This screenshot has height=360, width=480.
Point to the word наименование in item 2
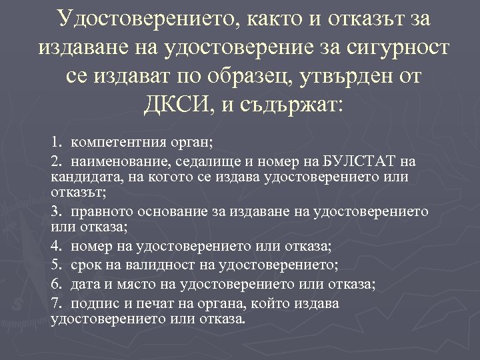click(x=120, y=161)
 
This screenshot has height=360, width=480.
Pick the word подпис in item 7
click(x=89, y=303)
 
